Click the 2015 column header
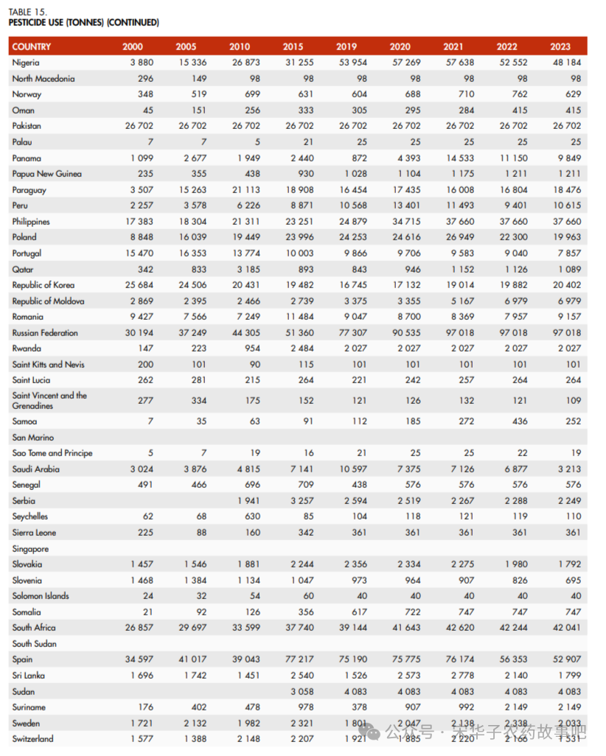293,46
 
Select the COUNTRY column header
32,46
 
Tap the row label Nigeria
26,63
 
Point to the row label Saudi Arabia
36,469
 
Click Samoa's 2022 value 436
520,421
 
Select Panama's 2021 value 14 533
460,158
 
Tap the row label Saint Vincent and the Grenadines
49,400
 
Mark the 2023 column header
560,46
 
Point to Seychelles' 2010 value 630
253,517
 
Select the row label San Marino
33,437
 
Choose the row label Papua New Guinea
47,174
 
